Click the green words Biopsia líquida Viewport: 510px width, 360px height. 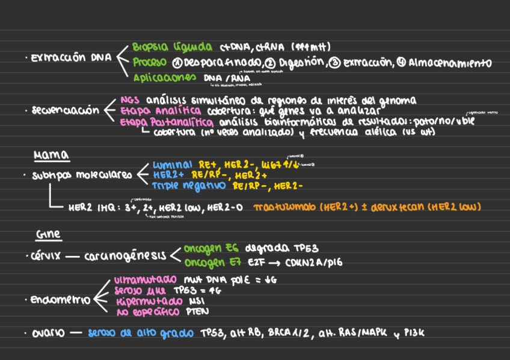pos(172,47)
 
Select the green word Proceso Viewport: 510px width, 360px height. pos(150,63)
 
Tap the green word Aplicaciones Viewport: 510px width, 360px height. pos(164,78)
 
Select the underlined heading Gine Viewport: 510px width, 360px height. pos(48,234)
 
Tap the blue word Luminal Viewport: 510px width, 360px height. pos(172,165)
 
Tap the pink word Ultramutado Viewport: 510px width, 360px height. pos(145,280)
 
